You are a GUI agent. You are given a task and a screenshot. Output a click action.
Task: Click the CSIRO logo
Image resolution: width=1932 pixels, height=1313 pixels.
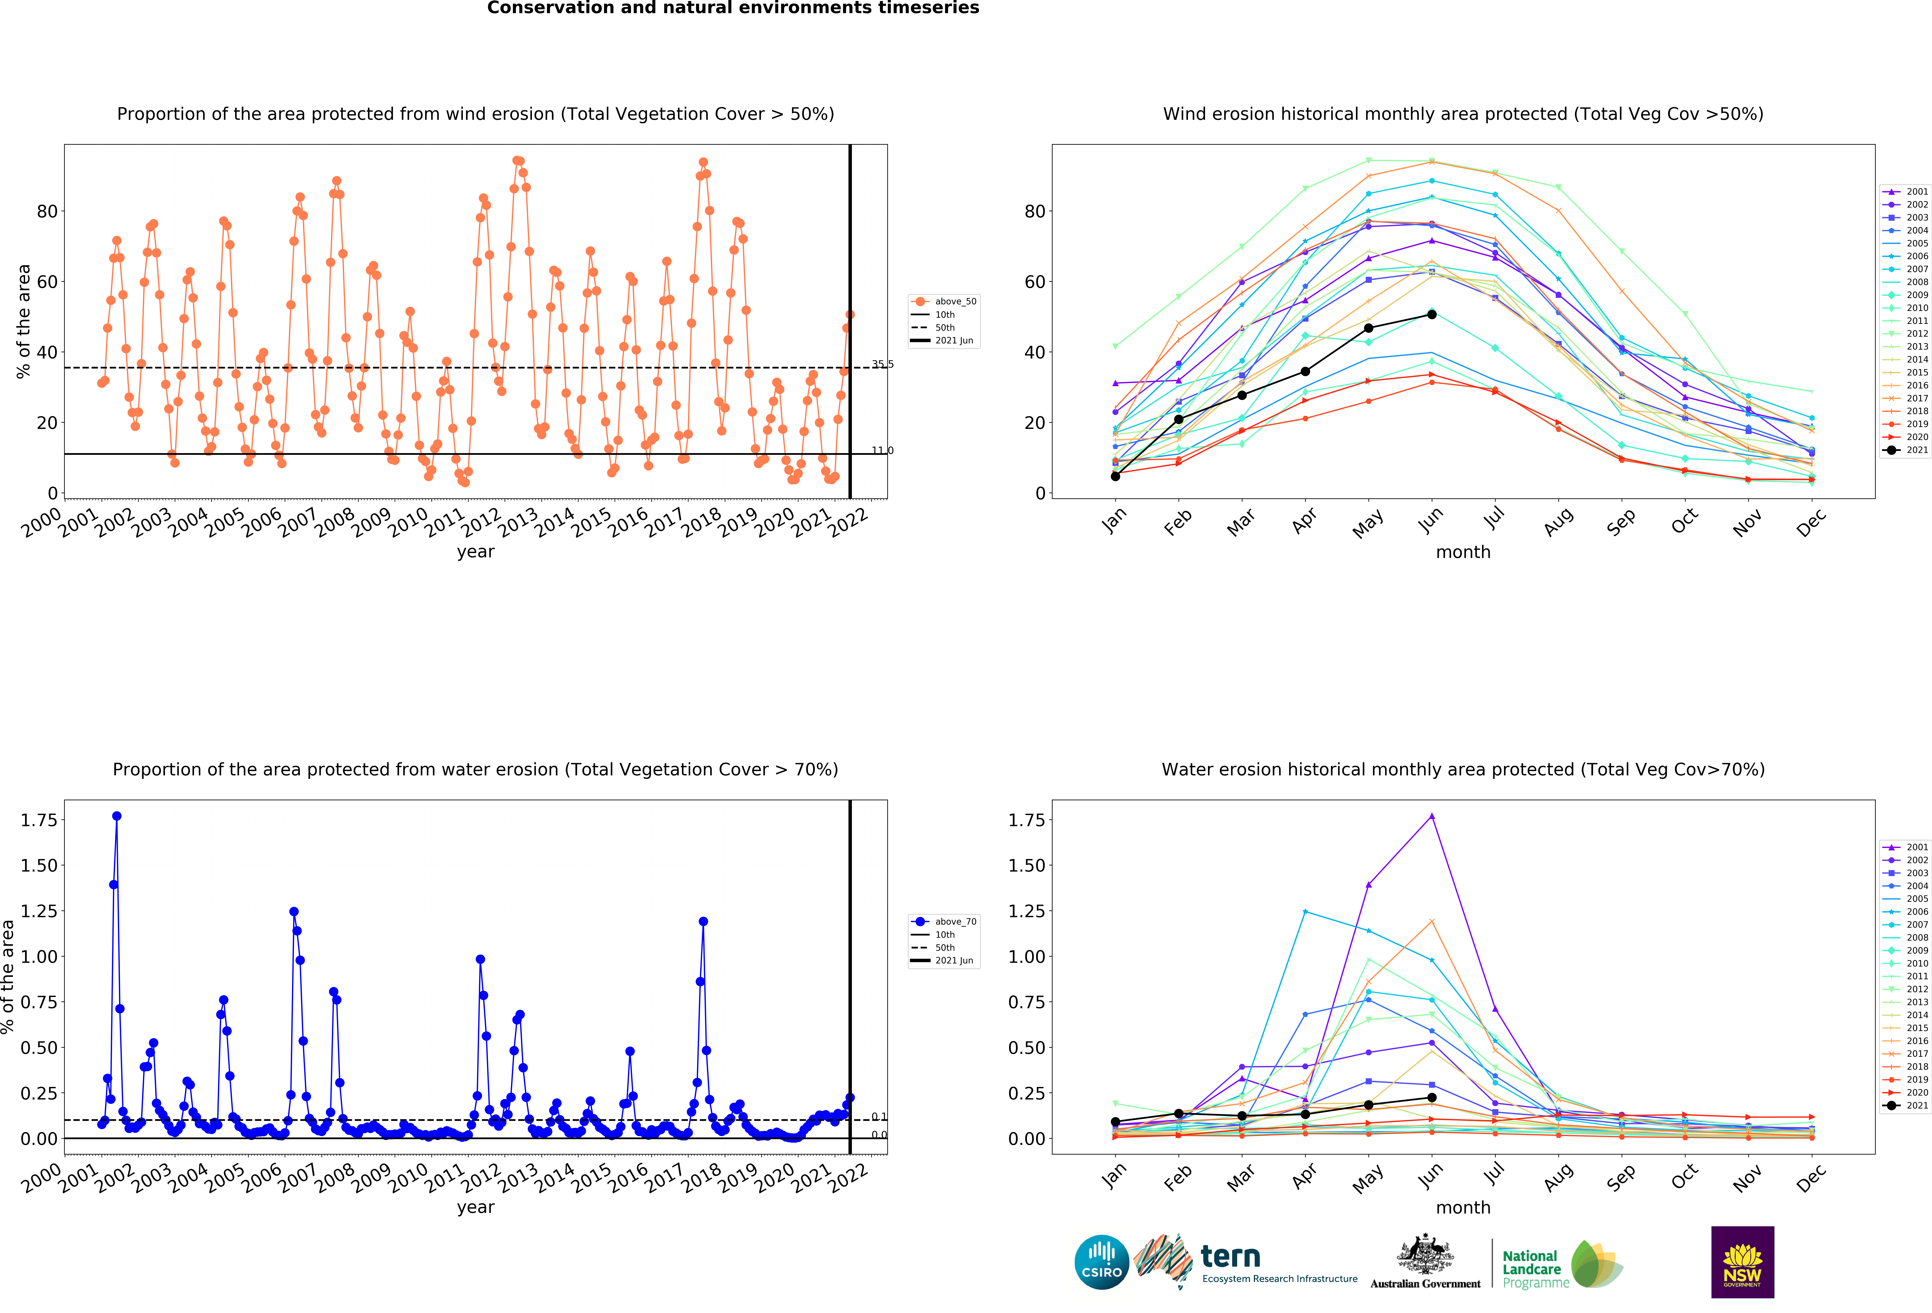[x=1101, y=1261]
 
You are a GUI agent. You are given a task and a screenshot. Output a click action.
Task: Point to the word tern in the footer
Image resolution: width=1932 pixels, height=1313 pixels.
[x=1230, y=1256]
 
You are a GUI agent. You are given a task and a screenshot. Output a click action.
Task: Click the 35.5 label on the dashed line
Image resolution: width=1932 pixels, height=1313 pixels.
[x=882, y=364]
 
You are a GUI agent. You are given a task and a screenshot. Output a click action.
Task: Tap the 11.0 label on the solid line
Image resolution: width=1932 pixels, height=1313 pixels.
[x=882, y=450]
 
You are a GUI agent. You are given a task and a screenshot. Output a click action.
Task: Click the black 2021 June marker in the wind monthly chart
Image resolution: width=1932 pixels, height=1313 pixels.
[x=1432, y=314]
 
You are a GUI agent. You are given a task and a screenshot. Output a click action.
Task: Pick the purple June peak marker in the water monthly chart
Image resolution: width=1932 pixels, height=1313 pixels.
[x=1432, y=816]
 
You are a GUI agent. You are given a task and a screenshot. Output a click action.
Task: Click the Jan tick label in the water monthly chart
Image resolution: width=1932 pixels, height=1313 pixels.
[x=1114, y=1176]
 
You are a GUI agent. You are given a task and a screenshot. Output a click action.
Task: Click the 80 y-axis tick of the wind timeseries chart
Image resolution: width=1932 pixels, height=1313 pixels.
[x=47, y=211]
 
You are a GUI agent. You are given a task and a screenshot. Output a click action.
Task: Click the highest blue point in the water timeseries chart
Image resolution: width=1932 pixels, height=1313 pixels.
[x=116, y=816]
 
